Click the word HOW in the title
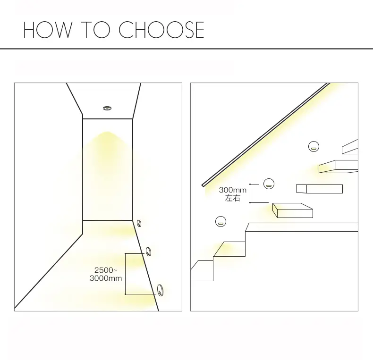[x=47, y=30]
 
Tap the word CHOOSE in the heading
[x=161, y=30]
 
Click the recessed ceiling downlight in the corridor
[x=107, y=108]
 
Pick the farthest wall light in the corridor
[x=139, y=224]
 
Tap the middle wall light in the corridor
[x=148, y=251]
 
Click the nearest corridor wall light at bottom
[x=160, y=290]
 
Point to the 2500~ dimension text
[x=106, y=270]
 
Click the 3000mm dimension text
[x=106, y=278]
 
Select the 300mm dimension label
[x=233, y=190]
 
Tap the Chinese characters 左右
[x=233, y=198]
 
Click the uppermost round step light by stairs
[x=314, y=146]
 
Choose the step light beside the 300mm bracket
[x=269, y=184]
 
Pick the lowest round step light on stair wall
[x=220, y=222]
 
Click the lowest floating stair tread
[x=293, y=210]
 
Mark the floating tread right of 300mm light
[x=319, y=189]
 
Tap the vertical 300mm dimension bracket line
[x=250, y=193]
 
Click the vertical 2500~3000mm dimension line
[x=126, y=274]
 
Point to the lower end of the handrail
[x=203, y=185]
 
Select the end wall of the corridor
[x=108, y=169]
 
